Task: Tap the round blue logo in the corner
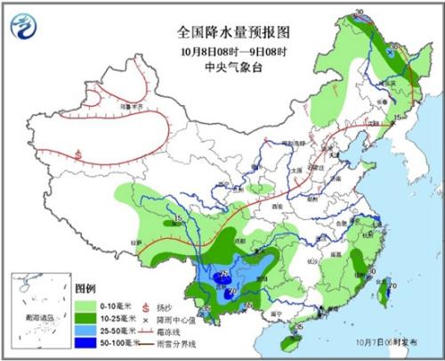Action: [28, 26]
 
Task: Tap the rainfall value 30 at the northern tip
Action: [360, 13]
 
